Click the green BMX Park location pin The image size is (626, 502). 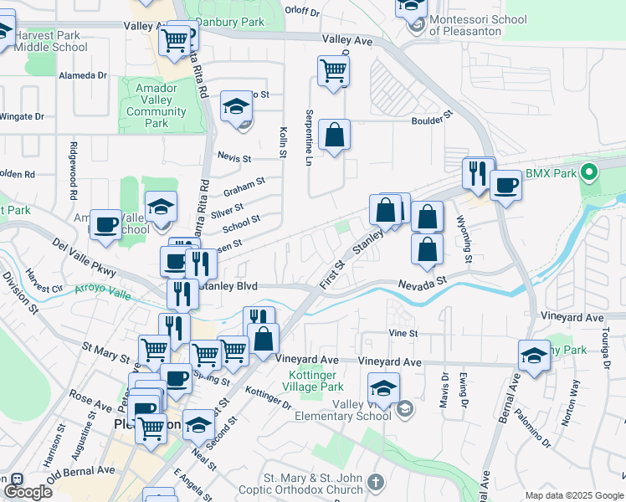[589, 173]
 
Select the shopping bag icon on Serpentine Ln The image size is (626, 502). [334, 135]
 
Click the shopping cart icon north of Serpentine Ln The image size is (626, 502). [333, 70]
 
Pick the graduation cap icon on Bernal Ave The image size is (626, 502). [534, 356]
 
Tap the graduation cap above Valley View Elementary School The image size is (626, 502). [383, 388]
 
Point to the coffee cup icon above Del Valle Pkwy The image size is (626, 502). [105, 224]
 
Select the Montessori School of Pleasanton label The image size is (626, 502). [477, 25]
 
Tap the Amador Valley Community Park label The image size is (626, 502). [156, 105]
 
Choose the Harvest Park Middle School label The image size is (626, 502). [51, 41]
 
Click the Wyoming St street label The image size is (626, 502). [463, 239]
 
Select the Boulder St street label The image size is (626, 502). [432, 118]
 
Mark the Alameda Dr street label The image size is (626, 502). [82, 74]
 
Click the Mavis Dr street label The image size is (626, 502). [444, 390]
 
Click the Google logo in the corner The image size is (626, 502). [28, 491]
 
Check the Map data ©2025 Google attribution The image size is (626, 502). [573, 495]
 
